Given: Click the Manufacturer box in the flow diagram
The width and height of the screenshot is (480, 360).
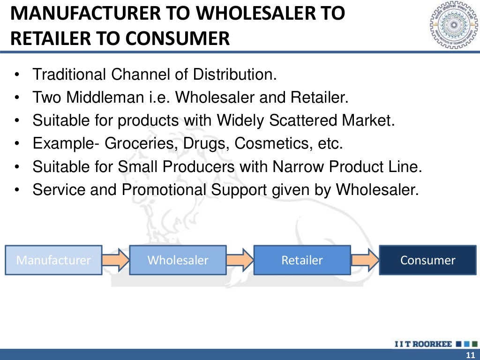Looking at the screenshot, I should click(x=53, y=260).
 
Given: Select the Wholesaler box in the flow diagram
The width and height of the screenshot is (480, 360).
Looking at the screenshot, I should click(x=178, y=260).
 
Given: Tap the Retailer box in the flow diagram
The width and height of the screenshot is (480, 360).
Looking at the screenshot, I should click(x=302, y=260).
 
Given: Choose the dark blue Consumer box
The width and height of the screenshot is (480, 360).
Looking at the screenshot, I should click(x=427, y=260).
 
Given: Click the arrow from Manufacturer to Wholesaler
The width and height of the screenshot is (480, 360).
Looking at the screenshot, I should click(x=115, y=260).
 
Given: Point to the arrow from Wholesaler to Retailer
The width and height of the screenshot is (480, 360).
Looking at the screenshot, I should click(x=240, y=260).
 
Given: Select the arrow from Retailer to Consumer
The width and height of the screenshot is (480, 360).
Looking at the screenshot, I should click(x=365, y=260).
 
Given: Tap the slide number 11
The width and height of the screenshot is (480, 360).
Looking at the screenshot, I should click(x=470, y=354).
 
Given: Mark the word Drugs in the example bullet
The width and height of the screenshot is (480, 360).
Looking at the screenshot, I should click(x=202, y=143).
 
